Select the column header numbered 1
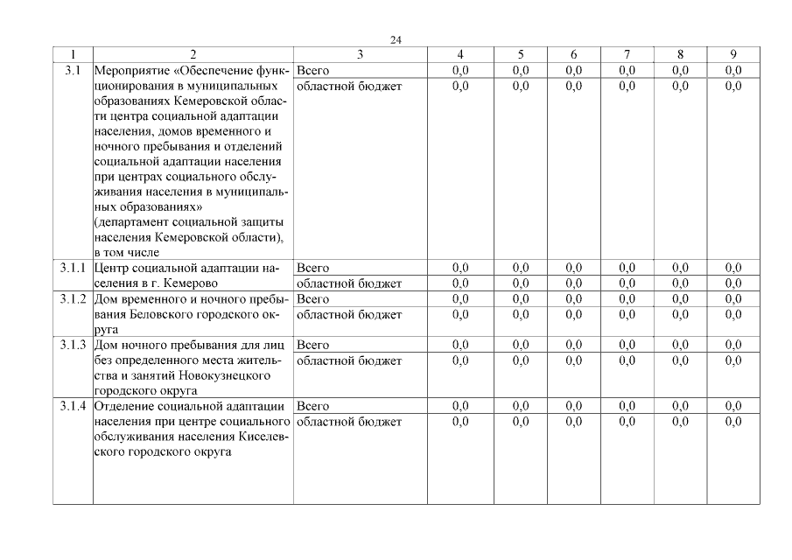point(73,54)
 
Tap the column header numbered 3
point(360,54)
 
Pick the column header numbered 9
point(733,54)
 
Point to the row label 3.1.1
point(73,268)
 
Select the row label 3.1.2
point(73,299)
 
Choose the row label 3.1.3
point(73,345)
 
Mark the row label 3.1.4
point(73,406)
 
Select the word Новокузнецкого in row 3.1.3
point(228,375)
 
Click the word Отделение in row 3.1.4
point(125,406)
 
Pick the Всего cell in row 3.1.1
point(313,268)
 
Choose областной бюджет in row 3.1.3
point(349,360)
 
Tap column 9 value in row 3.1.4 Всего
point(733,406)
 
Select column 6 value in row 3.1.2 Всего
point(573,299)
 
